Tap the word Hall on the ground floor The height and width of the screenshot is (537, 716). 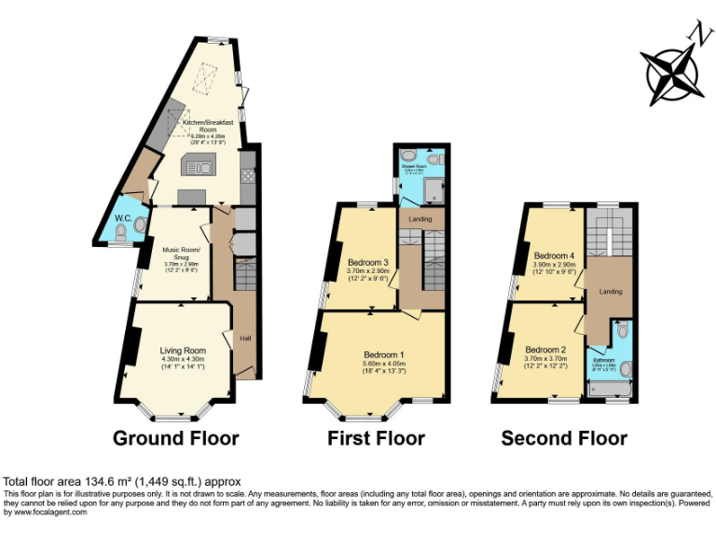(x=246, y=337)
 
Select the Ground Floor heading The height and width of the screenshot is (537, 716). (x=175, y=437)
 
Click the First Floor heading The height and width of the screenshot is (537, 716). (x=376, y=437)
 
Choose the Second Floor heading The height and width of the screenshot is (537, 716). (x=564, y=437)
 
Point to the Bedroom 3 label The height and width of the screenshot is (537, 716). (x=366, y=262)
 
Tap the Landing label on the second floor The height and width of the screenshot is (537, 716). (x=611, y=292)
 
